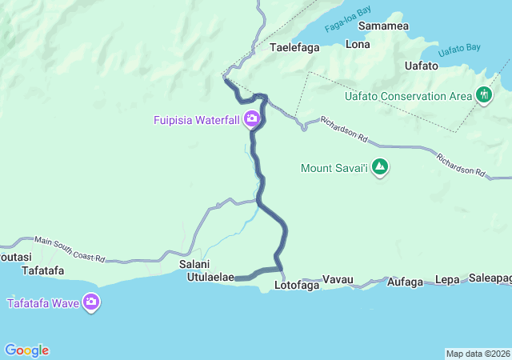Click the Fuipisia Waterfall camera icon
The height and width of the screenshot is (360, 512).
(x=252, y=120)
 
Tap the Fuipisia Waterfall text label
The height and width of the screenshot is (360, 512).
(x=197, y=120)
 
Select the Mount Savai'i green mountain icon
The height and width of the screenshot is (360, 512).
(x=380, y=168)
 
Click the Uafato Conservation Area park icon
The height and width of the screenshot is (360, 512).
(x=484, y=96)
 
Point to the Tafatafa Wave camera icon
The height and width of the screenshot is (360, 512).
(x=91, y=302)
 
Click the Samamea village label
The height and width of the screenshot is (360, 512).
(x=384, y=26)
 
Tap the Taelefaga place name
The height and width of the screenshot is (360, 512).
(x=294, y=47)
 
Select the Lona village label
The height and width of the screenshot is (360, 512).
(x=357, y=45)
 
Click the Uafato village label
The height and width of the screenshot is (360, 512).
(x=422, y=66)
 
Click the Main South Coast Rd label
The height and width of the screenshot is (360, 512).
(x=70, y=249)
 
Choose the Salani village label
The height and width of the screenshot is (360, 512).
(x=194, y=265)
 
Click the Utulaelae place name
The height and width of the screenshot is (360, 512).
(x=210, y=278)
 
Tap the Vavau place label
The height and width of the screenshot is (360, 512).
(x=338, y=280)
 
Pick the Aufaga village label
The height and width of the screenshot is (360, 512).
(x=404, y=282)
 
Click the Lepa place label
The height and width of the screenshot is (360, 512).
(x=448, y=280)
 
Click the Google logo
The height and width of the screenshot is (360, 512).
(x=27, y=350)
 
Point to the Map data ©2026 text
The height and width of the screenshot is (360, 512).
(x=478, y=354)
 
